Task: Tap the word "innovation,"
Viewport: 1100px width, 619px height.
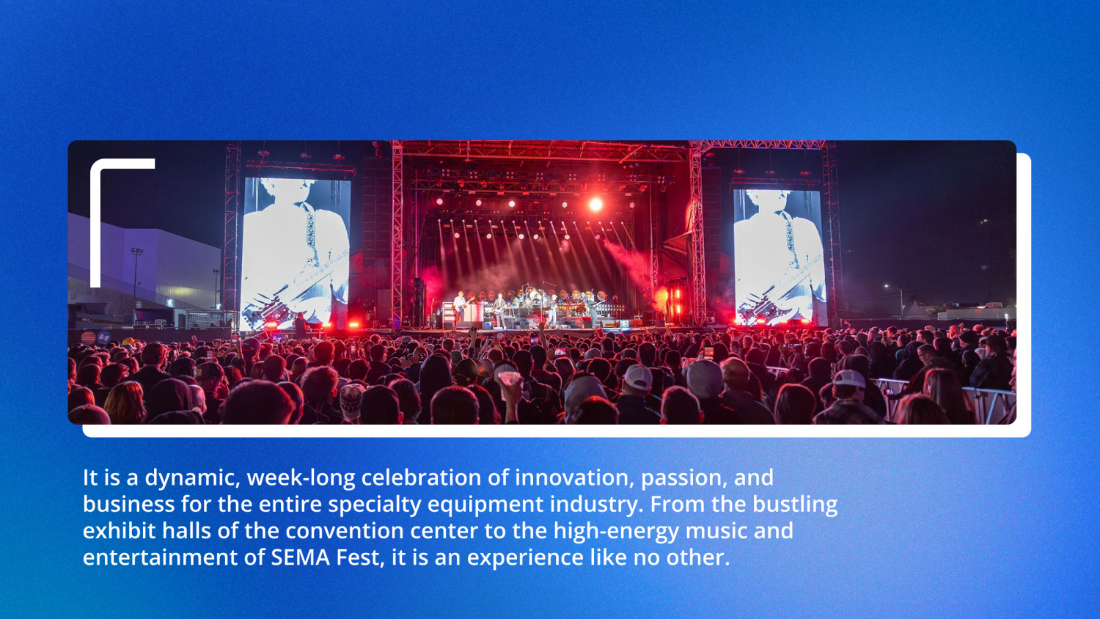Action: coord(573,478)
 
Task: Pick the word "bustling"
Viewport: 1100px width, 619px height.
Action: coord(795,505)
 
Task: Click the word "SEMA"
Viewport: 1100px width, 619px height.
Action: coord(300,557)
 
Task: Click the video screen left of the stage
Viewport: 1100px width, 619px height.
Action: coord(296,253)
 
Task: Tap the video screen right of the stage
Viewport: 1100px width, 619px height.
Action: coord(779,257)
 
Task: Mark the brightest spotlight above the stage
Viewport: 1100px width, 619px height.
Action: coord(595,205)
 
